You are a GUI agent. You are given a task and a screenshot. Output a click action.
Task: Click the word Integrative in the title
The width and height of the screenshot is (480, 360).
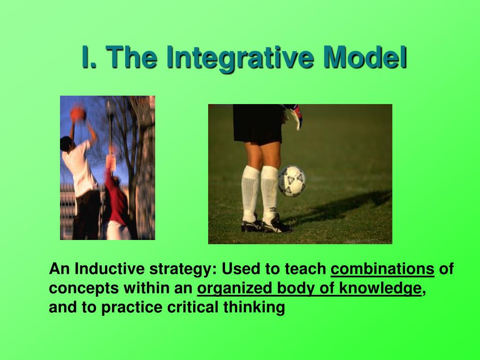pos(240,58)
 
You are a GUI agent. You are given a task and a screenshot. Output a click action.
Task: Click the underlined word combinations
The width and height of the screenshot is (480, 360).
pos(382,269)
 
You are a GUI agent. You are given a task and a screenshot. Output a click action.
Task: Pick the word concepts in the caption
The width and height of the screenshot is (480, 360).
pos(83,289)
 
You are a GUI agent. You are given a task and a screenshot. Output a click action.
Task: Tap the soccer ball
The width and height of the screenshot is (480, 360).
pos(292,181)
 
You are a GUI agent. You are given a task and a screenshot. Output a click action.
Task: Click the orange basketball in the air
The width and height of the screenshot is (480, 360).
pos(78,114)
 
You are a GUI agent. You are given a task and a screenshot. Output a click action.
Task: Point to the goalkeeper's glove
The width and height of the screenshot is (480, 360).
pos(294,116)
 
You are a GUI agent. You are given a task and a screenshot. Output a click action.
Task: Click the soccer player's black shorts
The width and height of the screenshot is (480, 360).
pos(258,124)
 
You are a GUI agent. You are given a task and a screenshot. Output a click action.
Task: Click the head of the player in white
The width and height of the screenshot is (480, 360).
pos(67,143)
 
